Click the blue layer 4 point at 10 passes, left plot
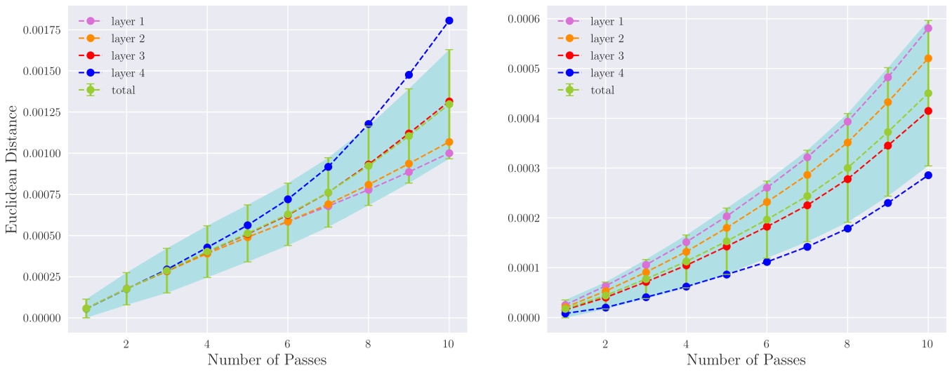(x=449, y=20)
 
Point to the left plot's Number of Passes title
(x=267, y=360)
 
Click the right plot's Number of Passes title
(x=746, y=360)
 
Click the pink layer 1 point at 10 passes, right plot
(x=928, y=28)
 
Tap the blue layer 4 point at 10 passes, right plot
(x=928, y=175)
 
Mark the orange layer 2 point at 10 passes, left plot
(x=449, y=142)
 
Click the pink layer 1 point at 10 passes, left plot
(x=449, y=153)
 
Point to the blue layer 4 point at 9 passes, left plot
(x=409, y=74)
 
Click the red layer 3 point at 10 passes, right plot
(x=928, y=110)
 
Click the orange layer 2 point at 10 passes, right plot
(x=928, y=58)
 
